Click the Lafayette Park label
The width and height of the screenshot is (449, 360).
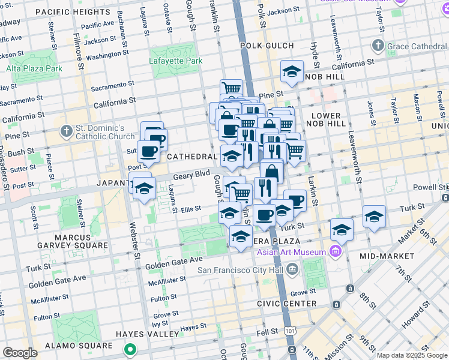[176, 61]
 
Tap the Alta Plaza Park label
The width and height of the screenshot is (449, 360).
[34, 68]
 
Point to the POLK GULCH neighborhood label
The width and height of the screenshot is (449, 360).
[267, 46]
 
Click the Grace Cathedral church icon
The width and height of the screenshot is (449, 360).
[378, 45]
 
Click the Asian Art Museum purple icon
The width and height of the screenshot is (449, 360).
[336, 251]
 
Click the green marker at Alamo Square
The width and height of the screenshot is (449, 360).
[130, 348]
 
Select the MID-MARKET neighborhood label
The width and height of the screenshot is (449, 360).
[387, 256]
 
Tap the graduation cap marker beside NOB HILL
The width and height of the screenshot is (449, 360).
[292, 72]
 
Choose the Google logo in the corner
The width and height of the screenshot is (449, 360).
[20, 353]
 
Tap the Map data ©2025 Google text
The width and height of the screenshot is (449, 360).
[412, 355]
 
